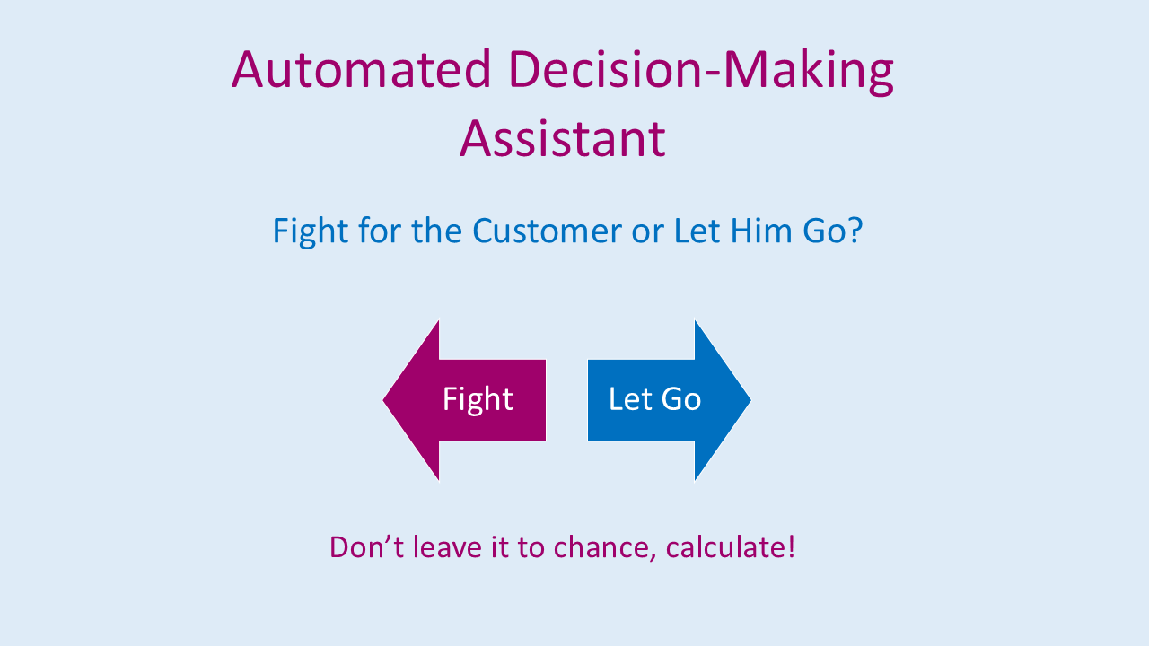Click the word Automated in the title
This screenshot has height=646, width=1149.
(362, 69)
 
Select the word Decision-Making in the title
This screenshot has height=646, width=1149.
(701, 72)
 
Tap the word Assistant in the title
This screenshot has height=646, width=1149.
(563, 138)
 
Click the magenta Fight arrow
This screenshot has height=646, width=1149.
(464, 400)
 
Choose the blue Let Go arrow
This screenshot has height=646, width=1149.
(670, 400)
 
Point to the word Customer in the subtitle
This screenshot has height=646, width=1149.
(547, 231)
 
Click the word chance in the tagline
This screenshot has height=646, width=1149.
(602, 547)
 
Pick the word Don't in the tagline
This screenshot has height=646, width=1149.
(367, 546)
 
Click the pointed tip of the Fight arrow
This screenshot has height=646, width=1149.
(383, 400)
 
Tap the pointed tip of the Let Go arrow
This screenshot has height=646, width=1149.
(751, 400)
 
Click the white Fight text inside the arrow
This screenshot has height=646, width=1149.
(478, 400)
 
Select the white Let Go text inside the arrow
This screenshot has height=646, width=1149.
(654, 399)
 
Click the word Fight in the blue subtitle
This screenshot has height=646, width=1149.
(311, 231)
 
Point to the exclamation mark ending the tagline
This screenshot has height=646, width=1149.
(791, 546)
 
